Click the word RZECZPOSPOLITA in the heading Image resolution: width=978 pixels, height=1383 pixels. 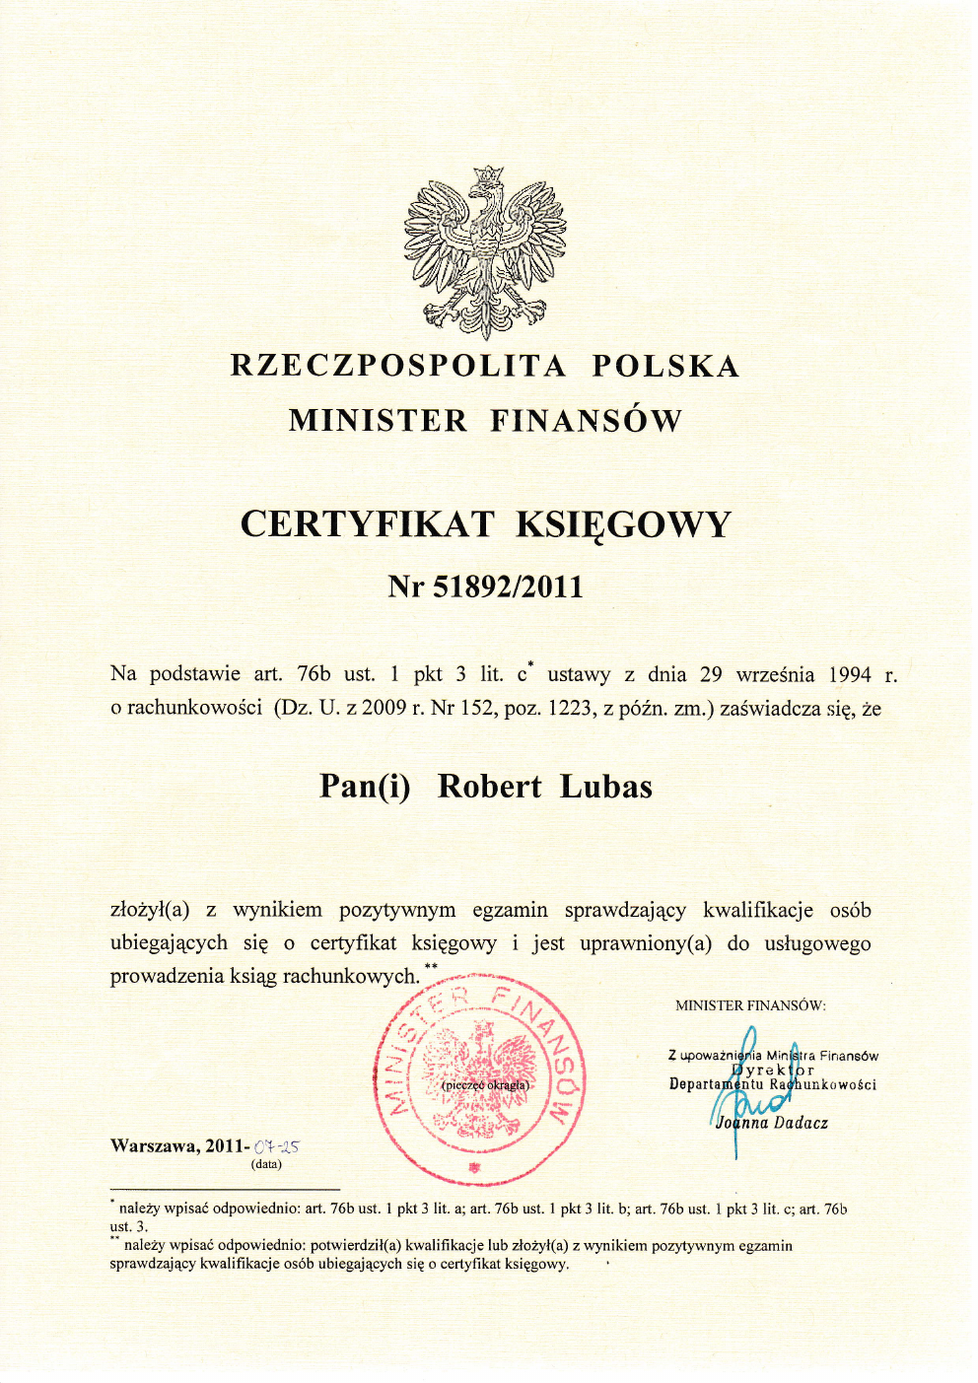pyautogui.click(x=398, y=366)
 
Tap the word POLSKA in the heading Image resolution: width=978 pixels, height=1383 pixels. pyautogui.click(x=665, y=366)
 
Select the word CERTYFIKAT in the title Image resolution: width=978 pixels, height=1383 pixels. pyautogui.click(x=367, y=523)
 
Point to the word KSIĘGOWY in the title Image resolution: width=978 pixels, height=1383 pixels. pyautogui.click(x=623, y=524)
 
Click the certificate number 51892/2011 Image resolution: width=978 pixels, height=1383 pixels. pyautogui.click(x=509, y=588)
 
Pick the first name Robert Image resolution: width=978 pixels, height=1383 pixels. pyautogui.click(x=489, y=787)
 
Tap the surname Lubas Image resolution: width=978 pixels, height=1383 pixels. pyautogui.click(x=606, y=787)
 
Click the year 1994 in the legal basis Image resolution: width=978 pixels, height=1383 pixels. pyautogui.click(x=849, y=675)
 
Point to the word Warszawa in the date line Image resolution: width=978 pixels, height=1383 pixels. pyautogui.click(x=154, y=1145)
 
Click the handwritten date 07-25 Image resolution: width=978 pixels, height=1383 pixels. pyautogui.click(x=276, y=1146)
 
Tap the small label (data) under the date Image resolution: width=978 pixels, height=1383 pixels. pyautogui.click(x=266, y=1164)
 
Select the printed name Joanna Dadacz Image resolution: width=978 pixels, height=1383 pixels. pyautogui.click(x=772, y=1123)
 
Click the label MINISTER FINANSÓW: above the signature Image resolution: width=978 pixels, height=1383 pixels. pyautogui.click(x=750, y=1005)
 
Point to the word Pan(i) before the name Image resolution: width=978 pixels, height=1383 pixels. pyautogui.click(x=365, y=787)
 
